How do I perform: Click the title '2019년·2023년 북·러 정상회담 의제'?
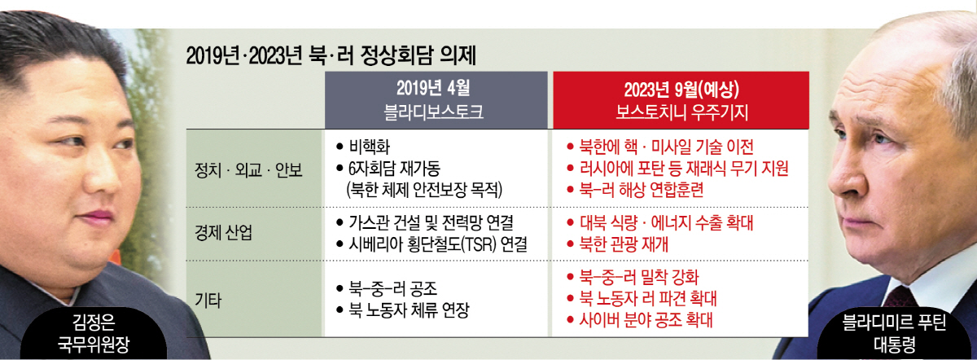tap(331, 57)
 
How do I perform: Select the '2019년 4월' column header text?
tap(433, 89)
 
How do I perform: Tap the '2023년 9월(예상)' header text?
tap(681, 90)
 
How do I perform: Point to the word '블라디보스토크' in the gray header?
tap(433, 112)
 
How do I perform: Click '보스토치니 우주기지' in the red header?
tap(681, 112)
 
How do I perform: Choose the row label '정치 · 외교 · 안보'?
tap(248, 170)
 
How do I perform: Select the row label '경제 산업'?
tap(223, 233)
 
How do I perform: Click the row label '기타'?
tap(208, 301)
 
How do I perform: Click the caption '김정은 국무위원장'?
tap(94, 334)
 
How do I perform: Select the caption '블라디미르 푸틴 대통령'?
tap(894, 335)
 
